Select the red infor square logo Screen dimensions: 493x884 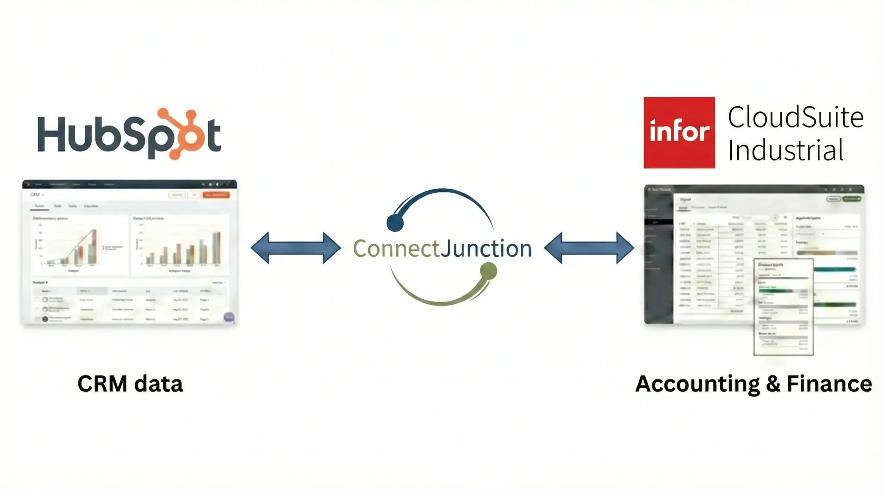(x=679, y=133)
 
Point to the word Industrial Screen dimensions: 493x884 (x=786, y=150)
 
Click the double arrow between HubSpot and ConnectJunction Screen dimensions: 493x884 (x=296, y=248)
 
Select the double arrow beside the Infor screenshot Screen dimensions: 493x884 (x=589, y=248)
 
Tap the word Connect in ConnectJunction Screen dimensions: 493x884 (x=396, y=248)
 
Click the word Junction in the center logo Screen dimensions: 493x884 (x=486, y=248)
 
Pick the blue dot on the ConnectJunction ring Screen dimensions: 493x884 (x=395, y=223)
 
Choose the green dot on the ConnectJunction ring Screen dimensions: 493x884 (x=488, y=271)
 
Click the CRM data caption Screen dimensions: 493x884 (x=130, y=384)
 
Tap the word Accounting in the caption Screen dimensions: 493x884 (x=698, y=384)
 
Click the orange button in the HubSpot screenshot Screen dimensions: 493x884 (x=216, y=195)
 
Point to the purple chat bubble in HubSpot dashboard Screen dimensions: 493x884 (x=229, y=317)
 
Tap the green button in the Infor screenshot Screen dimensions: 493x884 (x=852, y=199)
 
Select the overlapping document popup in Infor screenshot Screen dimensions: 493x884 (x=783, y=307)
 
